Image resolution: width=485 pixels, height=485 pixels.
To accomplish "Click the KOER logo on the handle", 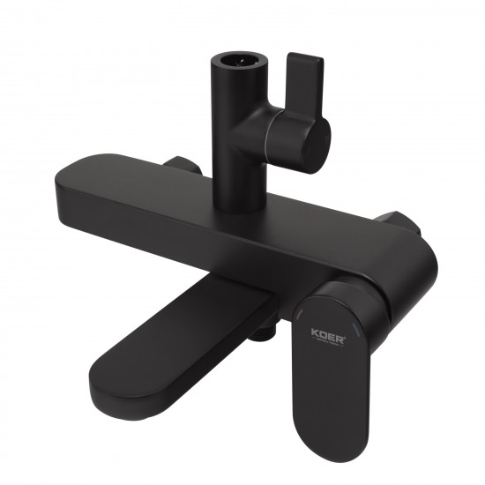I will [328, 334].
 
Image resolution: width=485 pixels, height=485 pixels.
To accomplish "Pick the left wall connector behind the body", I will [182, 165].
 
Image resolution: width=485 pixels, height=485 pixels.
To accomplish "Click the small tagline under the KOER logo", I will [328, 344].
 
